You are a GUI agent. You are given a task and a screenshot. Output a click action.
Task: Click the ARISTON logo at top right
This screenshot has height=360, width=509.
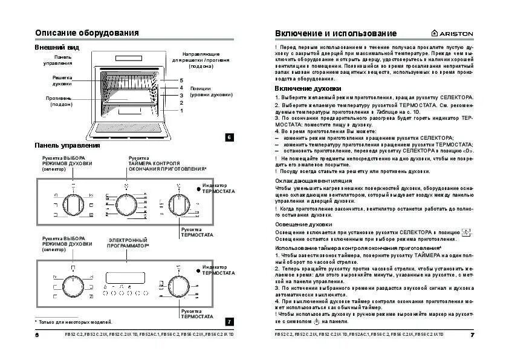click(452, 33)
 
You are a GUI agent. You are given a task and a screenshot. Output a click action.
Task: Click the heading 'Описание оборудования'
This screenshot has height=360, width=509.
click(87, 33)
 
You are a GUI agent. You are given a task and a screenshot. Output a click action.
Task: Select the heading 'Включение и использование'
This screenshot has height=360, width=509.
click(336, 33)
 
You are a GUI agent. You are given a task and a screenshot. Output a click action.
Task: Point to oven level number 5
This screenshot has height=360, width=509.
click(181, 80)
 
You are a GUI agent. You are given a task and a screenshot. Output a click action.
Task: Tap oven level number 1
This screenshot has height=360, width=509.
click(181, 110)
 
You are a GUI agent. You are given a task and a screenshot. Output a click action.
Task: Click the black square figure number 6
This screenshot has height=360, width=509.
click(229, 137)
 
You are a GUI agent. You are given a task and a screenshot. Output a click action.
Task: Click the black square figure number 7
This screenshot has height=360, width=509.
click(229, 321)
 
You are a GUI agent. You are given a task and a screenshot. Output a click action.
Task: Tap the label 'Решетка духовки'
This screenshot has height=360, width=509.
click(62, 80)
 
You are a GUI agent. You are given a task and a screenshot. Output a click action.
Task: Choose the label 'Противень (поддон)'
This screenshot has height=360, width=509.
click(59, 101)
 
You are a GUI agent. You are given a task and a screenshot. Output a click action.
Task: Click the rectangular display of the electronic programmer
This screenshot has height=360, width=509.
click(126, 277)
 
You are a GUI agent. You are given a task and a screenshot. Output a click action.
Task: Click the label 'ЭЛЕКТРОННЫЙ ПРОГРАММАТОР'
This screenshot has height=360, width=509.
click(128, 243)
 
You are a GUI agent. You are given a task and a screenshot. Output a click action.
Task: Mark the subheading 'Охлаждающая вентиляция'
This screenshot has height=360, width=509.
click(313, 180)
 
